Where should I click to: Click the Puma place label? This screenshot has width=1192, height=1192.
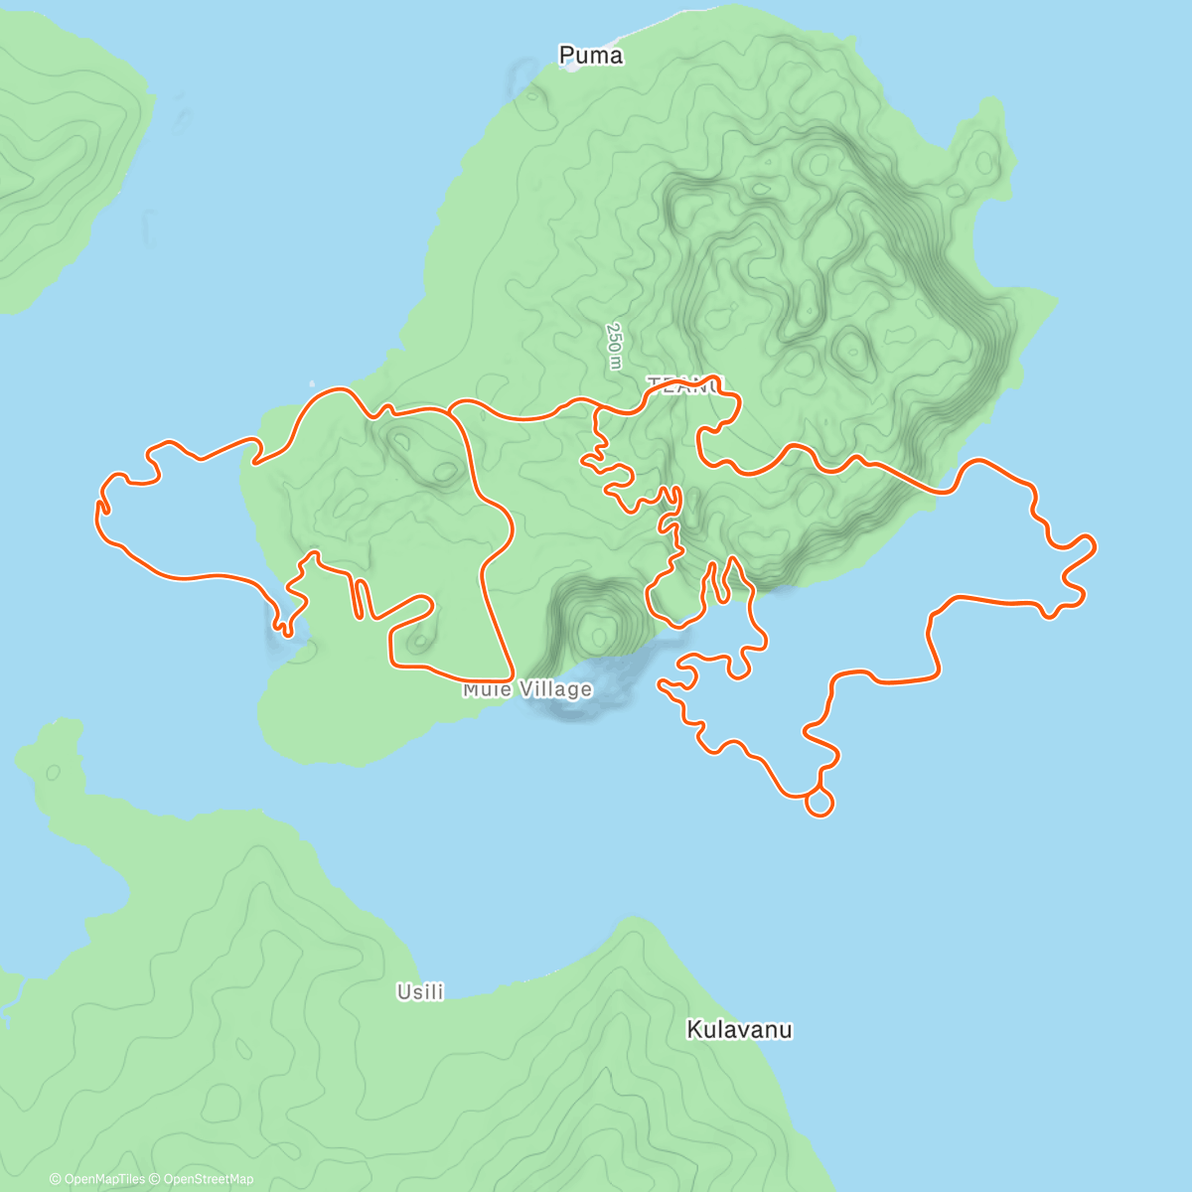[591, 56]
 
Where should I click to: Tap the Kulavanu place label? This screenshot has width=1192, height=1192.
[739, 1030]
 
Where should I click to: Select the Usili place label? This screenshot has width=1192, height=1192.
[420, 991]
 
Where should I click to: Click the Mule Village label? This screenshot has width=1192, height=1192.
[527, 689]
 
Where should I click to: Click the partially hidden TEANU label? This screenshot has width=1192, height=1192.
[685, 383]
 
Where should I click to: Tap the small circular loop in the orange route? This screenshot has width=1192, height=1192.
[819, 802]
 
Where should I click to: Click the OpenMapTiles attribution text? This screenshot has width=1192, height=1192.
[97, 1179]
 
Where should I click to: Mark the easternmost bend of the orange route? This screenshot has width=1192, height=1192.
[1095, 544]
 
